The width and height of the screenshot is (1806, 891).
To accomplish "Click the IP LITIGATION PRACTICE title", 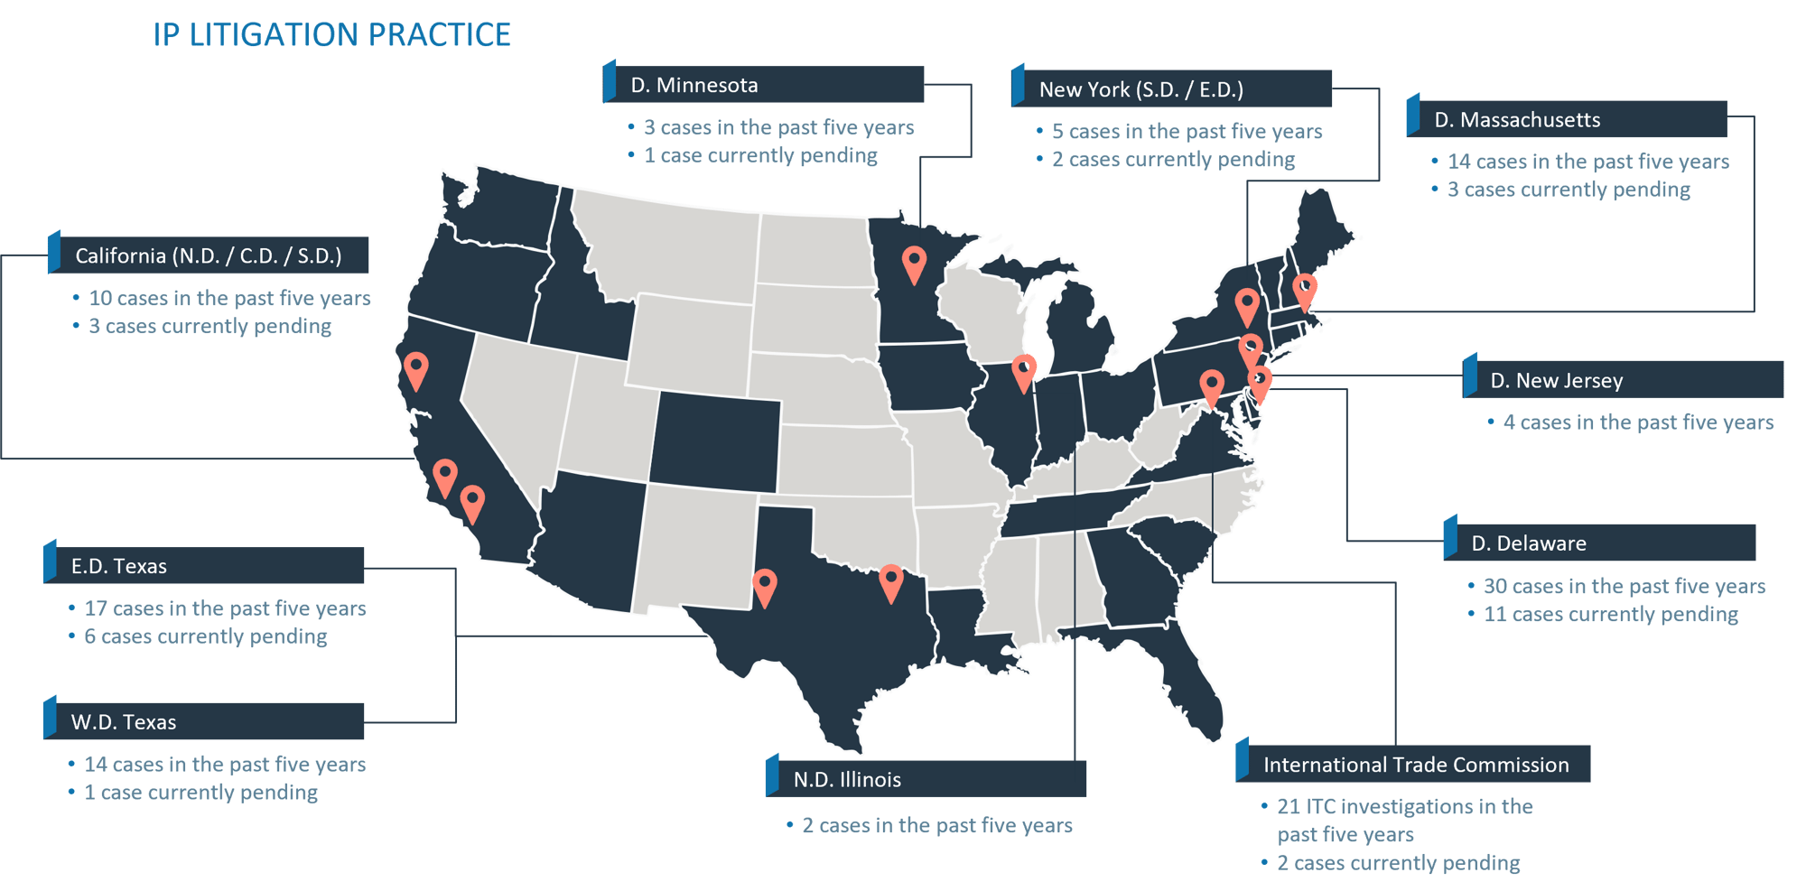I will [x=331, y=35].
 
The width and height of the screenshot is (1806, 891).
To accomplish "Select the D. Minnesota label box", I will [x=764, y=85].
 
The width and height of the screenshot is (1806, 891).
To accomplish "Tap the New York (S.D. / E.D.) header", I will [x=1172, y=89].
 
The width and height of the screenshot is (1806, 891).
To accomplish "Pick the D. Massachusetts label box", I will [x=1568, y=119].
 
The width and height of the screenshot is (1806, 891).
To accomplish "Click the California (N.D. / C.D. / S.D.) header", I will [x=209, y=255].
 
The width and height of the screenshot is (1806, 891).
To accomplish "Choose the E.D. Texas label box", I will [x=205, y=566].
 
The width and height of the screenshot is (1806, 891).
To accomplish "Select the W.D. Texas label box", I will [x=205, y=722].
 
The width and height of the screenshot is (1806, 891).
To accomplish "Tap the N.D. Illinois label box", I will [x=926, y=779].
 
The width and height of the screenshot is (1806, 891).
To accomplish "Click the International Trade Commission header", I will [x=1413, y=765].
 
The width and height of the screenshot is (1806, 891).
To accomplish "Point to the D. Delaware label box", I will [x=1600, y=543].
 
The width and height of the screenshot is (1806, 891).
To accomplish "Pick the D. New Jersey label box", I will [x=1624, y=380].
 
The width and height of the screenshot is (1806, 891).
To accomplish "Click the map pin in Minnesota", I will [x=915, y=264].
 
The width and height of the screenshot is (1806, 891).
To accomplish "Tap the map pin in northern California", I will [x=415, y=368].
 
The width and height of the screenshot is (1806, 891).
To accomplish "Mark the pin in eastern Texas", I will [x=891, y=581].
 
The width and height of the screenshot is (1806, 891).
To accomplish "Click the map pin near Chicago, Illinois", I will [x=1024, y=371].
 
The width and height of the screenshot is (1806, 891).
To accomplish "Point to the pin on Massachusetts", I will [x=1304, y=291].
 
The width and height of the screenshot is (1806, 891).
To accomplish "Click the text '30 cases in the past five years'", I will [x=1624, y=586].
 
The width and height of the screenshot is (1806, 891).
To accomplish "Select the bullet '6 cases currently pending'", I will [x=205, y=636].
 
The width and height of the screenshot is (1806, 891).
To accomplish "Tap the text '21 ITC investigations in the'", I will [x=1404, y=806].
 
